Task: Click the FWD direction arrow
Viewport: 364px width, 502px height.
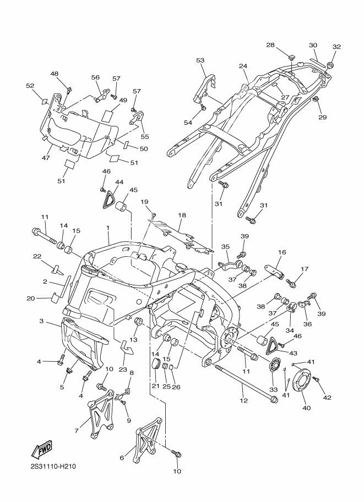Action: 42,450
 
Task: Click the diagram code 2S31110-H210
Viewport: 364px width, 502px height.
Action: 53,467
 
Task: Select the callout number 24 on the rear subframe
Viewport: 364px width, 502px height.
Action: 243,65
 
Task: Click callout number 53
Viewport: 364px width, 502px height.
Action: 200,60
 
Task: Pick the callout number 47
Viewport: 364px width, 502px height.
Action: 46,158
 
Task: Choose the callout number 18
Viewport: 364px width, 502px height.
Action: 182,216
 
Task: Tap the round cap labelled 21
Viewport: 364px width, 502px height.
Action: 155,365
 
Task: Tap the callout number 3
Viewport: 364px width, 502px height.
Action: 41,321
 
